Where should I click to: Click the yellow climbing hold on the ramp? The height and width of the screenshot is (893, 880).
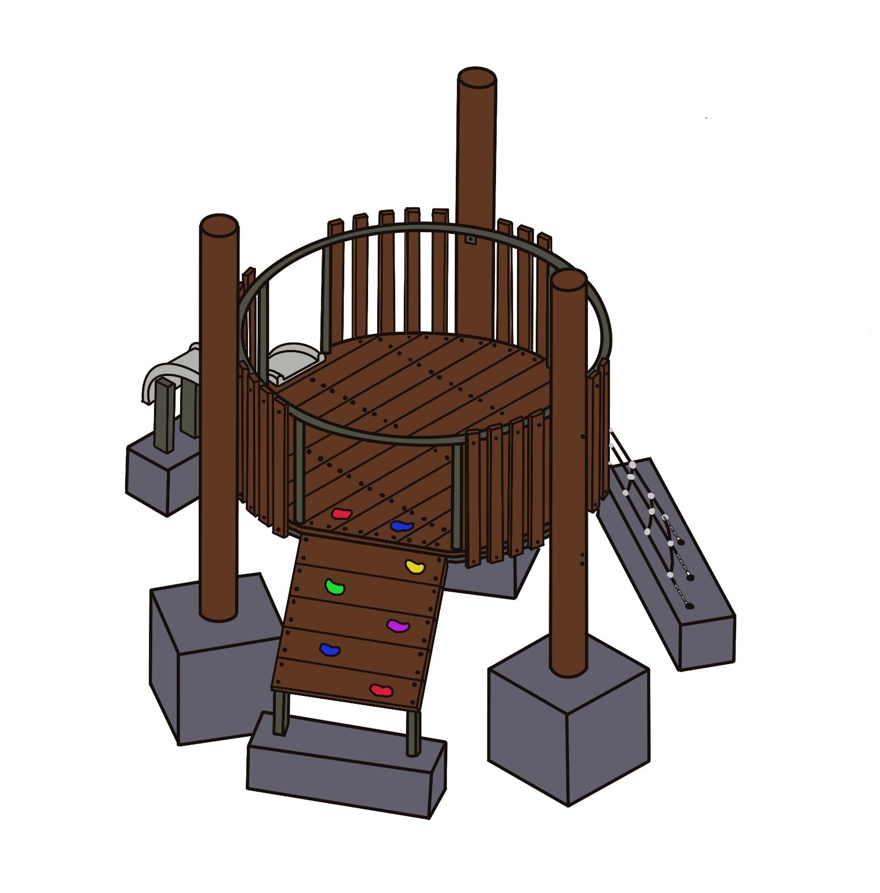pyautogui.click(x=416, y=566)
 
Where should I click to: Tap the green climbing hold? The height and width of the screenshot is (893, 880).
pyautogui.click(x=335, y=587)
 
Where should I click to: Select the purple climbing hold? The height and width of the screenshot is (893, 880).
pyautogui.click(x=398, y=625)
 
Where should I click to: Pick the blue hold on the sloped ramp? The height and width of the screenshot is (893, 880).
pyautogui.click(x=330, y=649)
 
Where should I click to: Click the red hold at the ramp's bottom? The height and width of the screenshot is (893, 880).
pyautogui.click(x=381, y=690)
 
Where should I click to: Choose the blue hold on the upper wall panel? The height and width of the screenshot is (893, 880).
pyautogui.click(x=401, y=526)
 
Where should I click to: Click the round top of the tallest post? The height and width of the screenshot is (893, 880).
pyautogui.click(x=477, y=78)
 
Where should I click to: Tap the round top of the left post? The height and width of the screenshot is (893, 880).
pyautogui.click(x=219, y=225)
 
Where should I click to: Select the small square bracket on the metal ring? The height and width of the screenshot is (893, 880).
pyautogui.click(x=470, y=240)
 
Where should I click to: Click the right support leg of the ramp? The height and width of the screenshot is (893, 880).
pyautogui.click(x=413, y=733)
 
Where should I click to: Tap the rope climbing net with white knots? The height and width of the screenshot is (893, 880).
pyautogui.click(x=651, y=510)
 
